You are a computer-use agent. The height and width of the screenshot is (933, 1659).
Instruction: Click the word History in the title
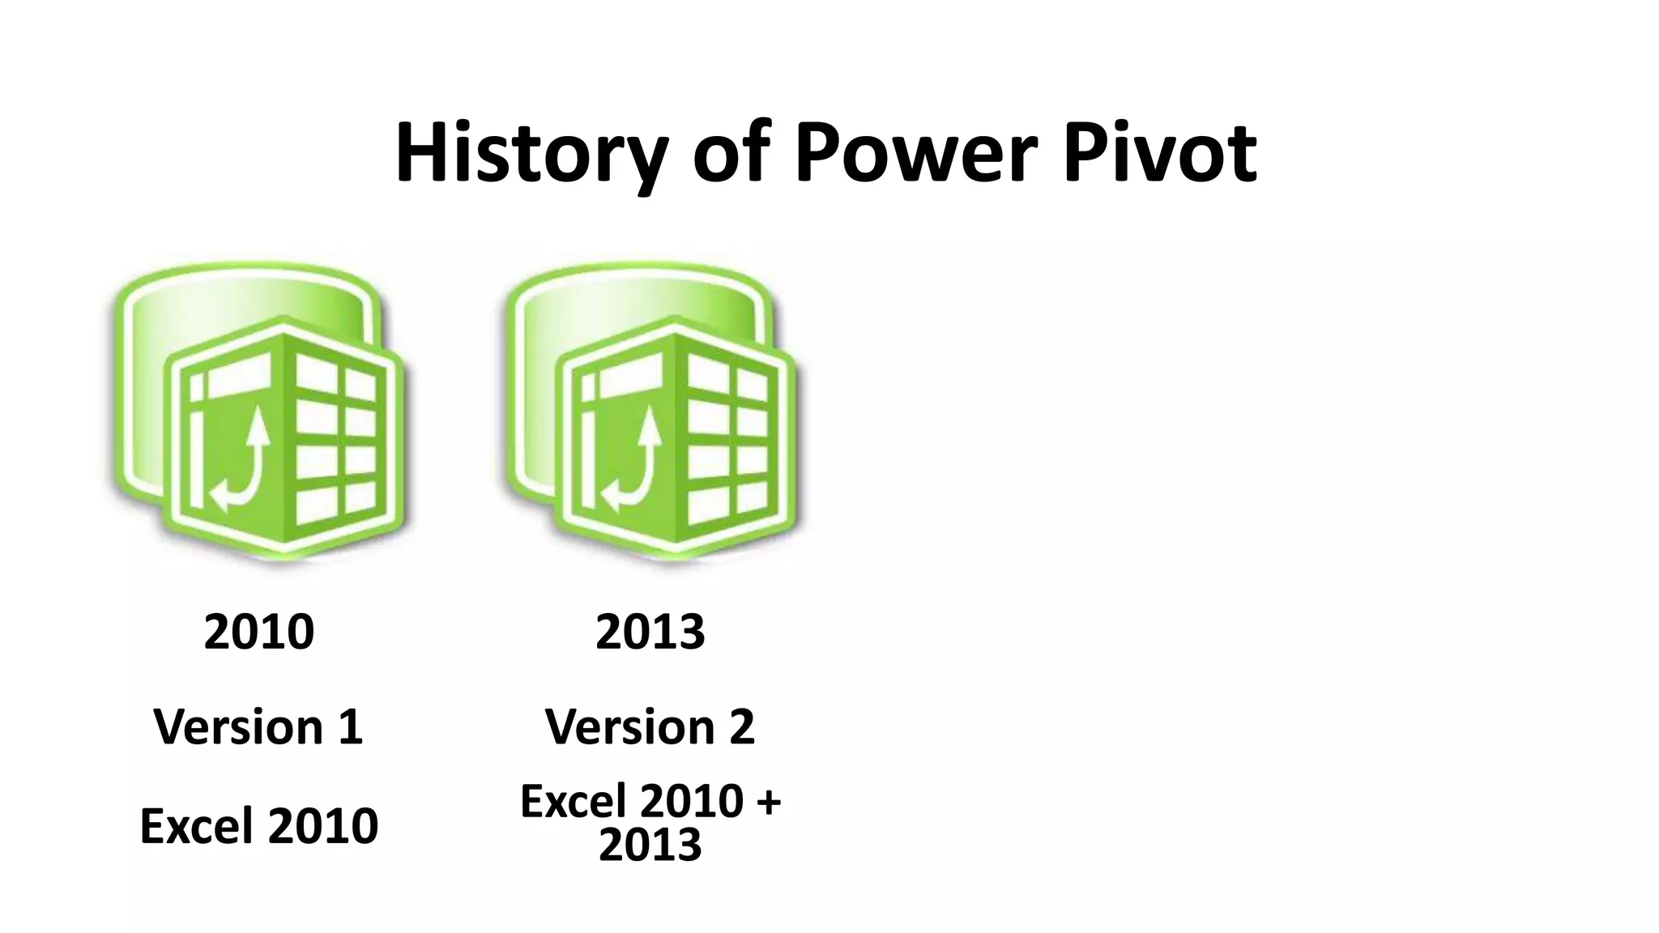(x=531, y=154)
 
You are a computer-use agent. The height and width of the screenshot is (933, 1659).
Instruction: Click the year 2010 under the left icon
(x=259, y=632)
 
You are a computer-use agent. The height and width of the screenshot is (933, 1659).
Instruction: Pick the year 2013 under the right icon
(x=650, y=632)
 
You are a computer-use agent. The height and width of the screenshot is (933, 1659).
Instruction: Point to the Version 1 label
(x=258, y=726)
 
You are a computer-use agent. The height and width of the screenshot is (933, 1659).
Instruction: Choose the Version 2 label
(x=650, y=726)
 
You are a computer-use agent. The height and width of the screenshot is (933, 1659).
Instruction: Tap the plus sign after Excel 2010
(x=766, y=803)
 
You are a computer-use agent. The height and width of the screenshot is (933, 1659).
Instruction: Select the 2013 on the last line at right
(x=650, y=845)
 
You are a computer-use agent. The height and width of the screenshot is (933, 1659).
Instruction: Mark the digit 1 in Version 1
(x=350, y=726)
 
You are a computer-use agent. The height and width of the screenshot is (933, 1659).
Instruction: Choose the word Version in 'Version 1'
(x=239, y=726)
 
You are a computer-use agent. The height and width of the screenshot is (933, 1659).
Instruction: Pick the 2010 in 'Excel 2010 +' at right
(x=693, y=802)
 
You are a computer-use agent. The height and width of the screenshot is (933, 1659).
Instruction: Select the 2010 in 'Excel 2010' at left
(x=323, y=826)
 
